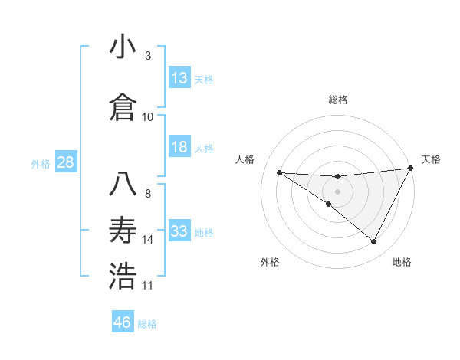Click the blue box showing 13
[x=179, y=78]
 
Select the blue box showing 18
[x=179, y=147]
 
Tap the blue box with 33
[x=179, y=231]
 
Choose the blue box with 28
[x=65, y=162]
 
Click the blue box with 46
[x=123, y=322]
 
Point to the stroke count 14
[x=148, y=240]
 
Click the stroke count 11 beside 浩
[x=148, y=286]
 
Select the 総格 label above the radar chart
[x=337, y=100]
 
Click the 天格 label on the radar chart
[x=431, y=159]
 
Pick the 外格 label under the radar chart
[x=270, y=262]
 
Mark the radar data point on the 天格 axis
[x=411, y=169]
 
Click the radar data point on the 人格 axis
[x=279, y=172]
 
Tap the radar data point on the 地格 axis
[x=374, y=242]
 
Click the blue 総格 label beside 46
[x=147, y=324]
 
